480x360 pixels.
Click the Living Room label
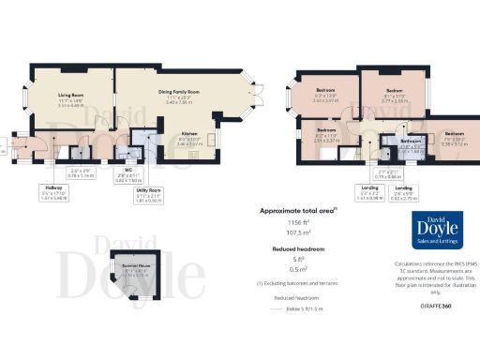(x=71, y=94)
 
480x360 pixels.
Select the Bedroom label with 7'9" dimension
(x=454, y=133)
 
